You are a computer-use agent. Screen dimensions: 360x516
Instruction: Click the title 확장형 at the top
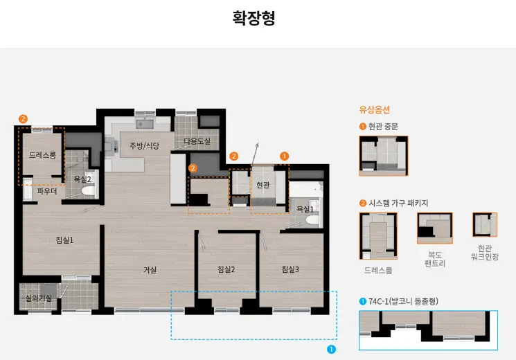(254, 18)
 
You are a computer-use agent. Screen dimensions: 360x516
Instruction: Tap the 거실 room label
(150, 269)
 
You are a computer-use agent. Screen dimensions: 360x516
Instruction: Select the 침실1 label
(64, 240)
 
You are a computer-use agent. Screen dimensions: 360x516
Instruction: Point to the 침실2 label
(226, 269)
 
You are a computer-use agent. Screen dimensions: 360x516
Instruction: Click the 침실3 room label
(290, 269)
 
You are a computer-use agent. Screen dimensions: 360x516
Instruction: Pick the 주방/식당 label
(144, 145)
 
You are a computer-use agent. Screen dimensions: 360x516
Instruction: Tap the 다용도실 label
(197, 141)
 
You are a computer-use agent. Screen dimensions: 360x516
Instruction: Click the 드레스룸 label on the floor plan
(42, 155)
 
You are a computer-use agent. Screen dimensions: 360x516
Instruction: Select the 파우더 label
(46, 190)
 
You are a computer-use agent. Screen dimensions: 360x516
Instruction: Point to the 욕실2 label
(82, 179)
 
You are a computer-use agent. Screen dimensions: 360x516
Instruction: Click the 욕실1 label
(305, 208)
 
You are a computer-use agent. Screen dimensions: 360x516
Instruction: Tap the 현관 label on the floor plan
(263, 185)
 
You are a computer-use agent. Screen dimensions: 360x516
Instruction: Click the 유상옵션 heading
(374, 109)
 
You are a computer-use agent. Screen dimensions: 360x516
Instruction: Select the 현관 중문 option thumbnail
(383, 156)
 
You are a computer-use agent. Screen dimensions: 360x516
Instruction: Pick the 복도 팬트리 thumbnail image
(434, 228)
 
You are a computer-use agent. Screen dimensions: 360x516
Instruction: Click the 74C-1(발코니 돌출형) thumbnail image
(428, 330)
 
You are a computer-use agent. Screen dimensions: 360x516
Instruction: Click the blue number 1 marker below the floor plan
(331, 350)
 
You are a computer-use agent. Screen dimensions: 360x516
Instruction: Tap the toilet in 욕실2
(87, 191)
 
